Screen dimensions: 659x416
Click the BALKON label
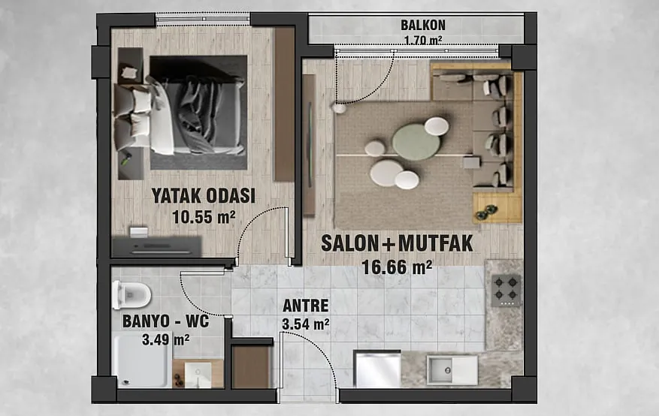423,26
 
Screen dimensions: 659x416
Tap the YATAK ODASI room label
204,196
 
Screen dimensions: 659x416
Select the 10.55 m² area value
204,217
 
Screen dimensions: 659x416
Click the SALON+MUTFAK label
398,243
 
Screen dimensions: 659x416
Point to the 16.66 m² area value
398,267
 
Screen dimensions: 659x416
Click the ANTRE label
306,306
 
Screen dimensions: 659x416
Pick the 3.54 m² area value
306,324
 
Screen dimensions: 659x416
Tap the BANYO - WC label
165,321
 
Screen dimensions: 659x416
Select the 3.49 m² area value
165,339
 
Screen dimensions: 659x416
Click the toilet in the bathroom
131,295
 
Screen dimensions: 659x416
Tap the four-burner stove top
506,291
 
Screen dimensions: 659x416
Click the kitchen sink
452,370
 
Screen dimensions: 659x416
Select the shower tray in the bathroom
141,360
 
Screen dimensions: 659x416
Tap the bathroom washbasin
198,375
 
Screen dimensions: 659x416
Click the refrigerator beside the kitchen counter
377,369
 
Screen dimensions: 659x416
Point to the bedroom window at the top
203,20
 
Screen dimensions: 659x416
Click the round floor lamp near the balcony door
338,108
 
